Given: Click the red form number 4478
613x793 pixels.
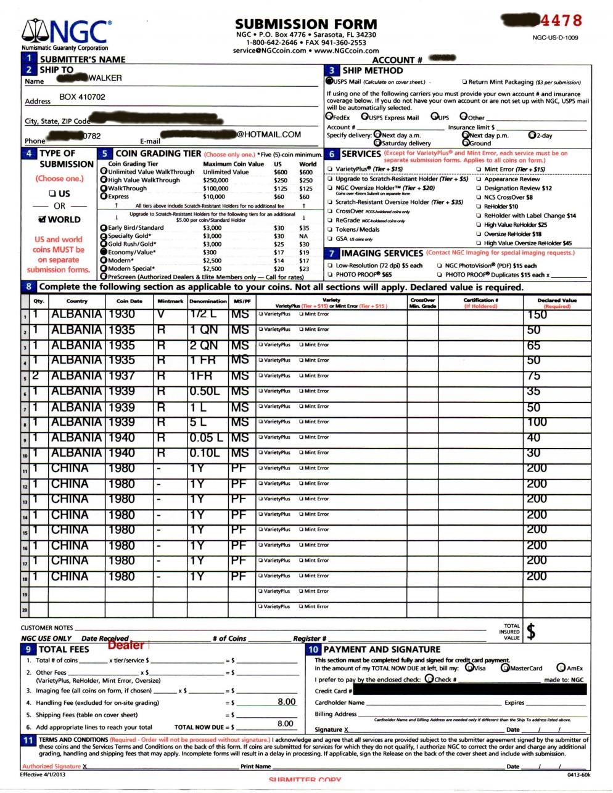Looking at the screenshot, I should pos(561,20).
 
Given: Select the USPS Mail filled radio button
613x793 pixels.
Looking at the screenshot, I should pos(329,81).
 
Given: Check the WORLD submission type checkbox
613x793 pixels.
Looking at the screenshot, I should pos(42,219).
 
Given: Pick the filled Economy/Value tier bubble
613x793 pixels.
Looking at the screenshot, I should pos(104,252).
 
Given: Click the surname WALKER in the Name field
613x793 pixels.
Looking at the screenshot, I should pos(105,78).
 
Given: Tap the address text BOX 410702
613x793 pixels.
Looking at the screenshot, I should pos(82,97).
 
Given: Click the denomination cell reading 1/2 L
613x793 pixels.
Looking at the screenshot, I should pos(202,314).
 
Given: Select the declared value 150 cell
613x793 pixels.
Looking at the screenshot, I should pos(537,315).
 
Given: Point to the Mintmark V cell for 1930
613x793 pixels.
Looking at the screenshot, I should pos(161,314).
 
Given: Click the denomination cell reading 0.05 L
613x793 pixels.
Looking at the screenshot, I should pos(206,437).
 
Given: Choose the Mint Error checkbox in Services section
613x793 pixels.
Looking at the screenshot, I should pos(479,169).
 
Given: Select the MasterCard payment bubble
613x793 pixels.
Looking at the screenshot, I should pos(506,668).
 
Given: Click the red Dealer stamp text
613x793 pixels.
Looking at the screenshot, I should pos(126,645).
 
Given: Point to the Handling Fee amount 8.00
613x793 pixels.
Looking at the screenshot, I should pos(286,702).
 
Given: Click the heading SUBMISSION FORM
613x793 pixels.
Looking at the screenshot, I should pos(306,25).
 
